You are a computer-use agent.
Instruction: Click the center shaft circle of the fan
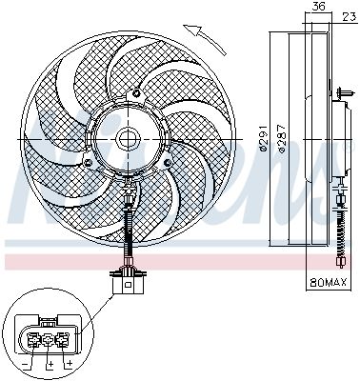[126, 139]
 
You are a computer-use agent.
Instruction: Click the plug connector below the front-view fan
[123, 283]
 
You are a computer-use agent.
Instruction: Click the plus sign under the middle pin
[47, 363]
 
